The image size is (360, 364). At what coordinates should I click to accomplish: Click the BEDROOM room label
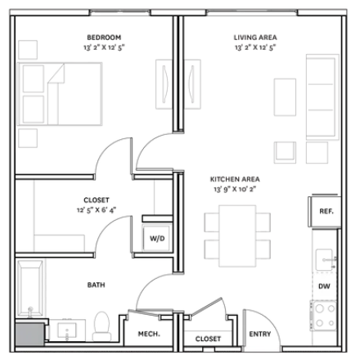(104, 38)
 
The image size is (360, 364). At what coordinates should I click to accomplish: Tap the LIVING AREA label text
(255, 38)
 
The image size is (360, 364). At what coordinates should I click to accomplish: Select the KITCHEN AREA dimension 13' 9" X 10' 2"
(235, 189)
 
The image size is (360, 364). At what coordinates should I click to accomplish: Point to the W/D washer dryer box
(157, 239)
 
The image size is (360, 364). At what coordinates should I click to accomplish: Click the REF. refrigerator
(325, 212)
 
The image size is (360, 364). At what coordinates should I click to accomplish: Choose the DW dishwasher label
(324, 286)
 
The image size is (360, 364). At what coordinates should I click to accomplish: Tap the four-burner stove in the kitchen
(324, 316)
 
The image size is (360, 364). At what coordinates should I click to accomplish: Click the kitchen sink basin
(325, 259)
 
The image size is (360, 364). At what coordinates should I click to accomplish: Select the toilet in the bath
(101, 326)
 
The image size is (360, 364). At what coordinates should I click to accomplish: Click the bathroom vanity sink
(67, 330)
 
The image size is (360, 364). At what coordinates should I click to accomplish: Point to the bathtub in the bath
(30, 288)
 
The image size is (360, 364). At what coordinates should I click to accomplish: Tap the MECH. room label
(149, 334)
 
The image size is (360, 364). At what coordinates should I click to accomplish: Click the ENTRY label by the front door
(260, 334)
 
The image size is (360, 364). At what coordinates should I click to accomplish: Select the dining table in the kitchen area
(237, 236)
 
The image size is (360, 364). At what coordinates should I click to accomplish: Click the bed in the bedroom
(60, 94)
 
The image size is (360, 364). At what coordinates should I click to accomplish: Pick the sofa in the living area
(322, 97)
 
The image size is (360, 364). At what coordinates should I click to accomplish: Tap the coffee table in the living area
(285, 97)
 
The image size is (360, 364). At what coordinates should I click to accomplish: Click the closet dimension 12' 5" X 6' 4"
(97, 210)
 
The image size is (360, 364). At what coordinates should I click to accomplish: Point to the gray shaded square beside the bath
(29, 335)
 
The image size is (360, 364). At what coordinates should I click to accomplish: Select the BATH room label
(96, 285)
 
